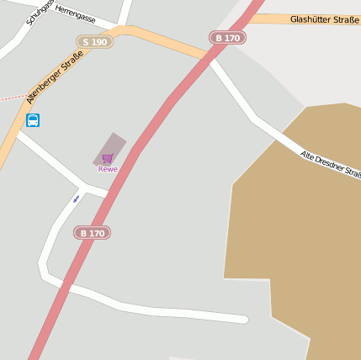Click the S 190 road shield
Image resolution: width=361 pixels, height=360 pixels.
(94, 41)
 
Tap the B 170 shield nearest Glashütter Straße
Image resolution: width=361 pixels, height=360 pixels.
(227, 38)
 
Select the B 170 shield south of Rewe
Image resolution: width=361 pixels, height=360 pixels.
(93, 232)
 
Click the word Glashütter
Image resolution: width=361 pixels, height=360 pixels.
(308, 19)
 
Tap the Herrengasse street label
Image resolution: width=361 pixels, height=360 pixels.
(75, 17)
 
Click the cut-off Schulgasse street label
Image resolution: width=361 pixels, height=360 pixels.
(39, 11)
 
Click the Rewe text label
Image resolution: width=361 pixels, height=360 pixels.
(108, 169)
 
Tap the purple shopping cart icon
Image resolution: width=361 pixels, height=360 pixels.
(107, 158)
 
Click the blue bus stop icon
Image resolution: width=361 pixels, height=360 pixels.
(33, 120)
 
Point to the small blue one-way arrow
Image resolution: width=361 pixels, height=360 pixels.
(77, 199)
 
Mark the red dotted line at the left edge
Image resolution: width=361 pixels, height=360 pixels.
(10, 98)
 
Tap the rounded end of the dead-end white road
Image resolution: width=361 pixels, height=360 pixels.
(243, 319)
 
